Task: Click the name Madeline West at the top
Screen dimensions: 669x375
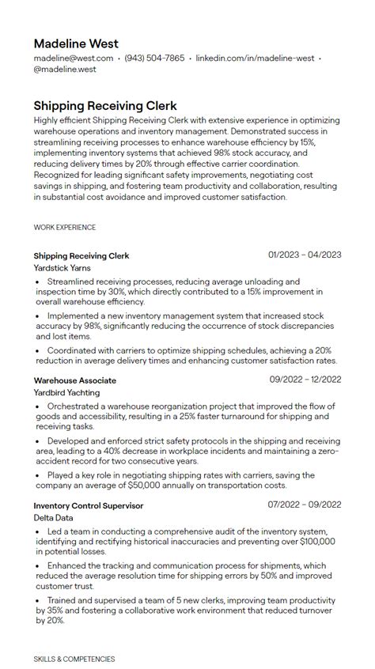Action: pos(76,43)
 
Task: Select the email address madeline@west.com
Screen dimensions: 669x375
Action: pos(74,59)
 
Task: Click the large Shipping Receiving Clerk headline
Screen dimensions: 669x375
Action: pos(105,105)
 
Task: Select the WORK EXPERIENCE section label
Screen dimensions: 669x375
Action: pos(65,228)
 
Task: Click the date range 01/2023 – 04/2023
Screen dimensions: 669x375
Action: pos(305,255)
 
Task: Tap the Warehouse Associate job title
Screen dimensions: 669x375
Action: pos(75,380)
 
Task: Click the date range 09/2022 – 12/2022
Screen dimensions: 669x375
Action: pos(305,380)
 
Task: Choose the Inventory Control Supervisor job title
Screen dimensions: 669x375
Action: pos(89,505)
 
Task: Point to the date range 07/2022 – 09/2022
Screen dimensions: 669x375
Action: pos(305,505)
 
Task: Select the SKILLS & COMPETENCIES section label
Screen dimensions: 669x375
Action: pos(74,659)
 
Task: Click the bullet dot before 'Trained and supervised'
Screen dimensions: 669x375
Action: pos(38,601)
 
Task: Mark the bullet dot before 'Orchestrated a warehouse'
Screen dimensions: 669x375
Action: pos(38,406)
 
